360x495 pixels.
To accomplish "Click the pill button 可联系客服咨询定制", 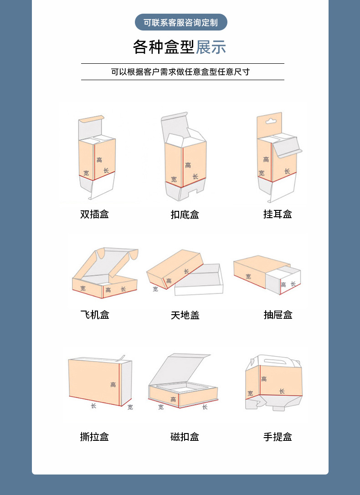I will point(181,22).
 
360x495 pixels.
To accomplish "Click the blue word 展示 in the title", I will point(211,47).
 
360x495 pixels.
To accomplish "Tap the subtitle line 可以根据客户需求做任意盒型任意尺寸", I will point(180,72).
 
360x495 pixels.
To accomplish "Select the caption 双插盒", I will point(94,214).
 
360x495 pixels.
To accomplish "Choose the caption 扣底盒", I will point(185,214).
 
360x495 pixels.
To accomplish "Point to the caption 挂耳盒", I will point(278,214).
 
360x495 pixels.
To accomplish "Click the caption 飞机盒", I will point(95,315).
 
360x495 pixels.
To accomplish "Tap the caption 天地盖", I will point(185,315).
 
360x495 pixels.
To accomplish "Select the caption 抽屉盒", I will point(278,315).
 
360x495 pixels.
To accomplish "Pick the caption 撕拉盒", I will point(94,437).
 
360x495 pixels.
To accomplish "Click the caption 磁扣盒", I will point(185,437).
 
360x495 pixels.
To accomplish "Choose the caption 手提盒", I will point(278,437).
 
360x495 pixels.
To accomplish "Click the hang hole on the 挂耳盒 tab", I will point(271,122).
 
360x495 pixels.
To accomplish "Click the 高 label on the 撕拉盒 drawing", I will point(113,385).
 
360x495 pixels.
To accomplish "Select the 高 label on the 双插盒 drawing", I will point(99,160).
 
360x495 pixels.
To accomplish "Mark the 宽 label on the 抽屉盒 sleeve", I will point(248,276).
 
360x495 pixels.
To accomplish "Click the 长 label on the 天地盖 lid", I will point(186,271).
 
